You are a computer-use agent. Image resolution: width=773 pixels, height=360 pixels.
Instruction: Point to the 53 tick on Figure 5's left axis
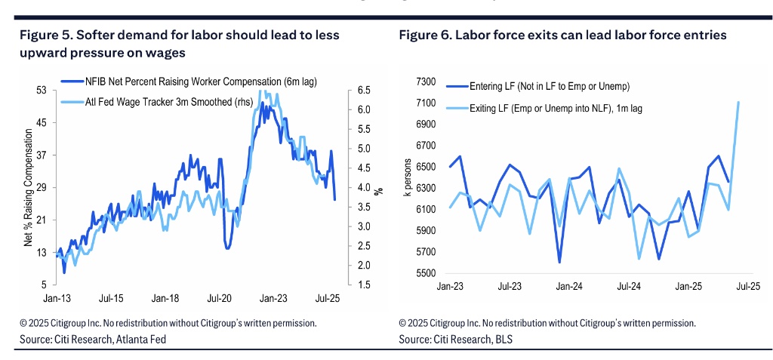click(42, 90)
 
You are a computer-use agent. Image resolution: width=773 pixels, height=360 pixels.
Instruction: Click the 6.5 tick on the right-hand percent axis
click(363, 90)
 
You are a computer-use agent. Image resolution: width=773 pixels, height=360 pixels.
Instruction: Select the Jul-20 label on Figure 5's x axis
click(220, 298)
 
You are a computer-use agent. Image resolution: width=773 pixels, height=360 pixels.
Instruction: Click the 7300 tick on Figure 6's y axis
click(426, 81)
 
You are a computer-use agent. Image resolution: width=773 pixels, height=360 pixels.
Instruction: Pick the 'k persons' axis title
click(409, 177)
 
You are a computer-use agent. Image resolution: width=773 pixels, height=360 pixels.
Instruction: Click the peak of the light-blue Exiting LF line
click(738, 102)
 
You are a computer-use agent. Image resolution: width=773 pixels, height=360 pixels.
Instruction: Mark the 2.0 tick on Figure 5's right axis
click(363, 265)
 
